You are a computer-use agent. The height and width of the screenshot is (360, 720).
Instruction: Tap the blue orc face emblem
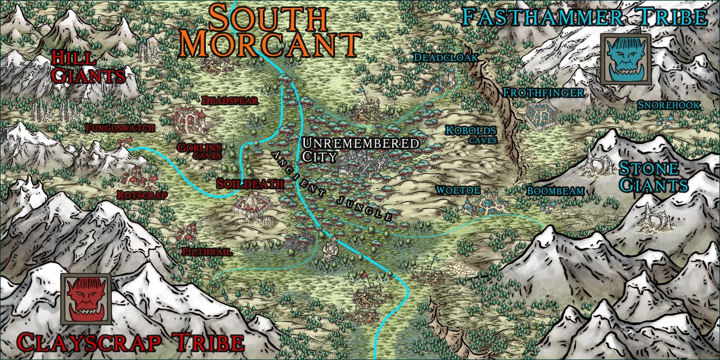tap(625, 59)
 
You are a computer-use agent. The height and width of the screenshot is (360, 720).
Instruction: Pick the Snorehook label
tap(669, 105)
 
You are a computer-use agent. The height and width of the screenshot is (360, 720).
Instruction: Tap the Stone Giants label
tap(653, 177)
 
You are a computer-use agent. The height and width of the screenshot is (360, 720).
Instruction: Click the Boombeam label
tap(555, 191)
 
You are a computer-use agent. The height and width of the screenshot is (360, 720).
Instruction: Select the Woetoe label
tap(458, 191)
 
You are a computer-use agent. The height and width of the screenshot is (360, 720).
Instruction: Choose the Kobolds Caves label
tap(471, 134)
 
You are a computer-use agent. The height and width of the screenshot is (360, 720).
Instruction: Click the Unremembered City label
tap(359, 149)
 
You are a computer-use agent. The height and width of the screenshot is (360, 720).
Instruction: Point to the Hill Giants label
tap(87, 66)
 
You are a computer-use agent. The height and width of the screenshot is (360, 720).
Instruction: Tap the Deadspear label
tap(229, 101)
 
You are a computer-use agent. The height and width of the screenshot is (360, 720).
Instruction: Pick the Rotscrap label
tap(142, 195)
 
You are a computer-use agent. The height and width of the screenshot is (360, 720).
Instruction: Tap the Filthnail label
tap(207, 252)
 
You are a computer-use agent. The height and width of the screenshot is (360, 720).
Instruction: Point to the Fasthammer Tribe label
tap(583, 17)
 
